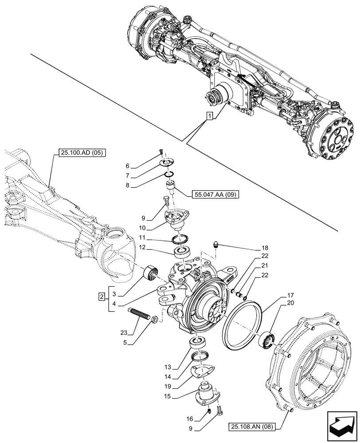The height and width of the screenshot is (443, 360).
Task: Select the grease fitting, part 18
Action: (x=216, y=243)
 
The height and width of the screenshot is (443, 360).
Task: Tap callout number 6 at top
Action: (x=127, y=166)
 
